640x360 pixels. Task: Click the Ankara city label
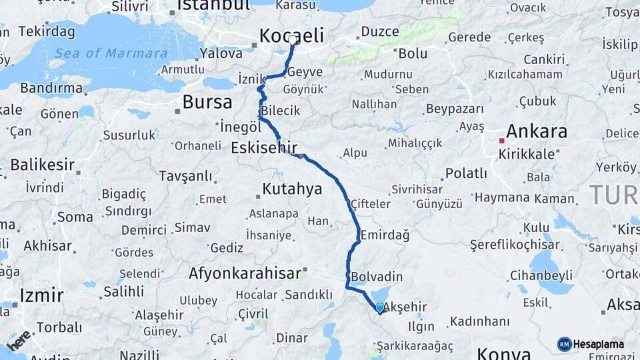click(x=537, y=131)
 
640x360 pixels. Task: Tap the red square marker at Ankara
click(x=501, y=141)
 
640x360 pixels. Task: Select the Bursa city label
click(x=207, y=102)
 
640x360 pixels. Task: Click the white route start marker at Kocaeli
click(x=293, y=40)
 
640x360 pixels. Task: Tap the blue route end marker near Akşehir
click(x=380, y=308)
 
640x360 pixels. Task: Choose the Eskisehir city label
click(x=264, y=147)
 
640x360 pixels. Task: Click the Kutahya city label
click(x=292, y=189)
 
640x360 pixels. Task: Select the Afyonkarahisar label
click(x=245, y=273)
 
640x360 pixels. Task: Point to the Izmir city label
click(x=41, y=295)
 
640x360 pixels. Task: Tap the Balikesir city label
click(x=42, y=164)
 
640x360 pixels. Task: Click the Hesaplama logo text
click(x=598, y=344)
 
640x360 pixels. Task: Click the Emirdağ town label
click(x=385, y=235)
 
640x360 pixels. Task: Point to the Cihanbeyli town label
click(x=541, y=275)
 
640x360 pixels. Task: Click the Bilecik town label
click(x=281, y=111)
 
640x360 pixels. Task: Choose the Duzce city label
click(x=379, y=31)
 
